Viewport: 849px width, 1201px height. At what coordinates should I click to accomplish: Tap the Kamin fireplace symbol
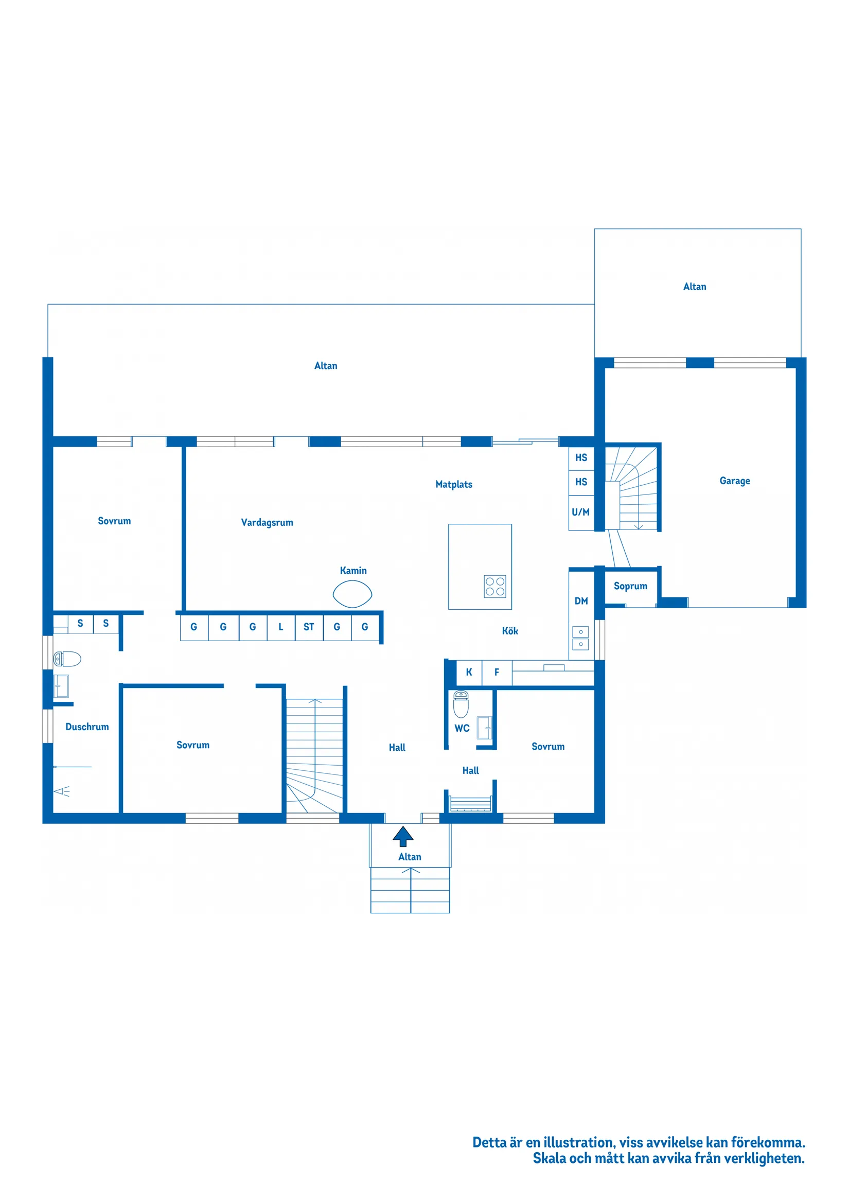(x=352, y=594)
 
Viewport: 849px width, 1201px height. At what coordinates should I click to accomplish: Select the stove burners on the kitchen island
(x=494, y=587)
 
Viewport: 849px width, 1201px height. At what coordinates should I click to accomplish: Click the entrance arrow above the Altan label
(x=403, y=836)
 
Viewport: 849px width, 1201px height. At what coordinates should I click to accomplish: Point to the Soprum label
(x=630, y=586)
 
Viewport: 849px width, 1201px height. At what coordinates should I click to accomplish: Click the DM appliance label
(x=580, y=601)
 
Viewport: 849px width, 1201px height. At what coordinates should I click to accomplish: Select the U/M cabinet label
(x=580, y=512)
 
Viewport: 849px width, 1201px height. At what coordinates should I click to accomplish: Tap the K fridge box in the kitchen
(x=469, y=672)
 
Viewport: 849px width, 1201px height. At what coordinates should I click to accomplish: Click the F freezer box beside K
(x=497, y=672)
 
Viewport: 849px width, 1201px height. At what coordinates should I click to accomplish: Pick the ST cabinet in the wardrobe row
(x=309, y=627)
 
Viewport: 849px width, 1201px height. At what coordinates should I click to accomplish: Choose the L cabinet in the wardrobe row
(x=280, y=627)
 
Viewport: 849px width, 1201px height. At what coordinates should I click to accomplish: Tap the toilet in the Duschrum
(x=67, y=659)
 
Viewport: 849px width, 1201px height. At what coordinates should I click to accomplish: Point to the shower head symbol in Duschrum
(x=62, y=791)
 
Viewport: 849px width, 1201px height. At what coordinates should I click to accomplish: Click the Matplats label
(x=453, y=484)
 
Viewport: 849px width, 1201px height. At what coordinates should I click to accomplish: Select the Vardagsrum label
(x=267, y=522)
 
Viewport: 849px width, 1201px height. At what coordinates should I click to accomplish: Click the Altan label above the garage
(x=694, y=287)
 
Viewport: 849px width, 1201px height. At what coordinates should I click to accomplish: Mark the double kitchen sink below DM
(x=580, y=638)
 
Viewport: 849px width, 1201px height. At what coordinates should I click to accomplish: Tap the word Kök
(x=509, y=631)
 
